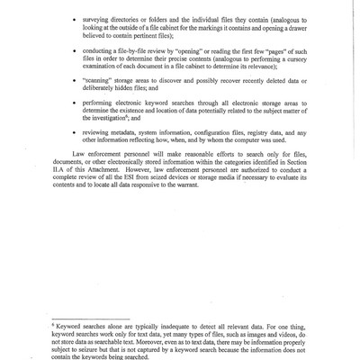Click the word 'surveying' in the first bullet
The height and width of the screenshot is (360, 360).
tap(101, 18)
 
